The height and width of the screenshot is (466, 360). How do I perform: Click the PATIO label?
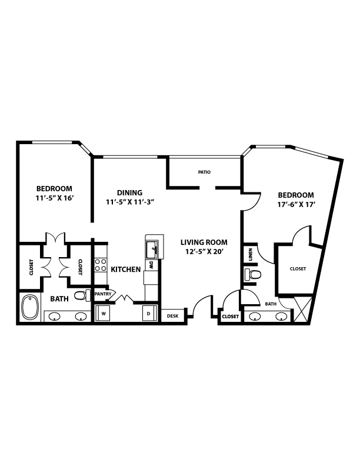(x=204, y=172)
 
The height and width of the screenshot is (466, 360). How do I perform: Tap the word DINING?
(x=129, y=192)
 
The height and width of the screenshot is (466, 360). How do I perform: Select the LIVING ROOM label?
(x=204, y=242)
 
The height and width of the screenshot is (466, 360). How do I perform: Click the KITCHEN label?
(x=126, y=269)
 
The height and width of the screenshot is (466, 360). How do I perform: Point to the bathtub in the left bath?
(x=30, y=307)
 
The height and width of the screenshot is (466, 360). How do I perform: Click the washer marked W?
(x=103, y=313)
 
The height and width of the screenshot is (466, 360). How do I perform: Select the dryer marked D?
(x=149, y=313)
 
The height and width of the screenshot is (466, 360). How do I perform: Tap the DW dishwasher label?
(x=151, y=265)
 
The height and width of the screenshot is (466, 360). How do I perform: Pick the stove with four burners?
(x=101, y=265)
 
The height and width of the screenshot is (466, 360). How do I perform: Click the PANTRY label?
(x=103, y=294)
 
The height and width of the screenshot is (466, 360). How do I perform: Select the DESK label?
(x=172, y=316)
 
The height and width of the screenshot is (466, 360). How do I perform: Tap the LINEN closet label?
(x=251, y=254)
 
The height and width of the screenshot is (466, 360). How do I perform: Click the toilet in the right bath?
(x=253, y=274)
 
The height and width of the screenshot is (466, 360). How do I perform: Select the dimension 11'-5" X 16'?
(x=54, y=198)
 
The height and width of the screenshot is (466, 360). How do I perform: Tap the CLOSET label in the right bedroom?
(x=298, y=269)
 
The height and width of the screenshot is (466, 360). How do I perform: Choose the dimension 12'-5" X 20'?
(x=204, y=252)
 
